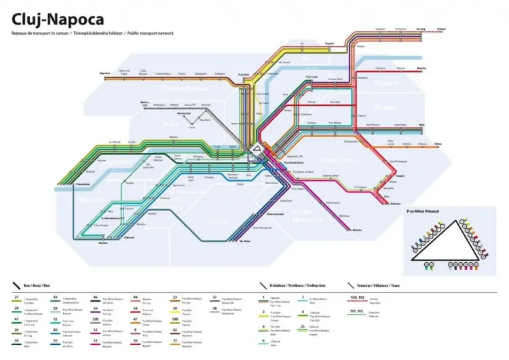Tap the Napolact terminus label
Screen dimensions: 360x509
click(x=105, y=73)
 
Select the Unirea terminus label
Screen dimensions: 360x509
click(x=442, y=29)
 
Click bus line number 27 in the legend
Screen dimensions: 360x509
click(x=16, y=298)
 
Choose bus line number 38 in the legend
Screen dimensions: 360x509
click(x=214, y=308)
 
